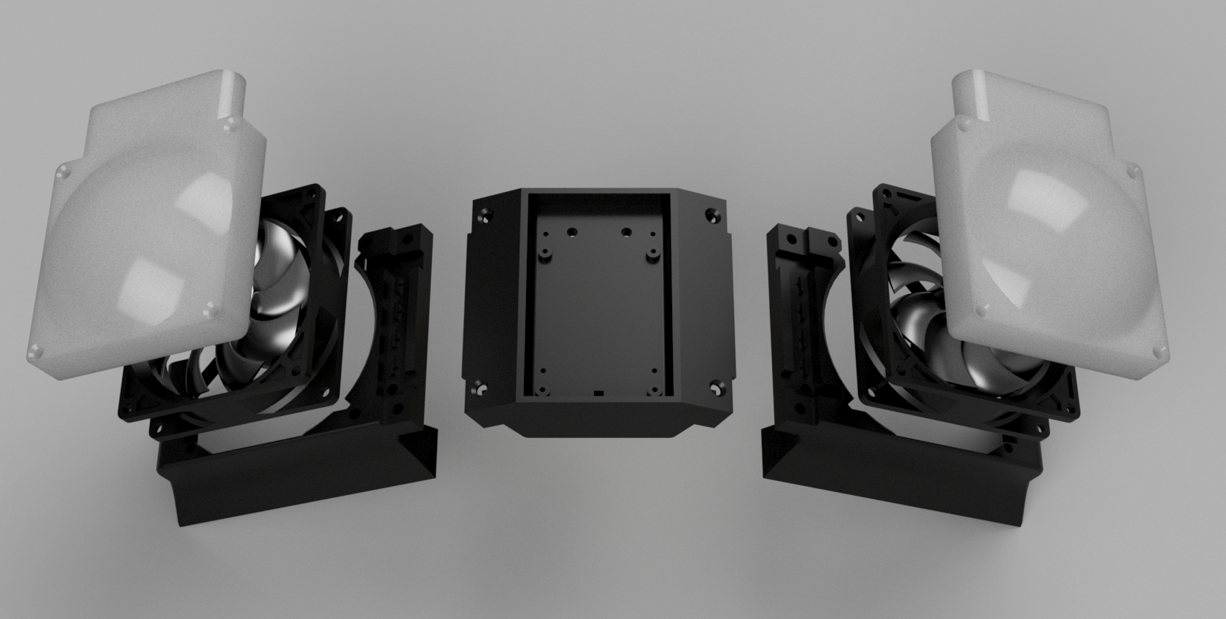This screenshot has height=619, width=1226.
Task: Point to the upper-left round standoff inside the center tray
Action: click(x=544, y=257)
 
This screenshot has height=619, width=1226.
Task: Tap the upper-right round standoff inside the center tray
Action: click(x=652, y=257)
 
